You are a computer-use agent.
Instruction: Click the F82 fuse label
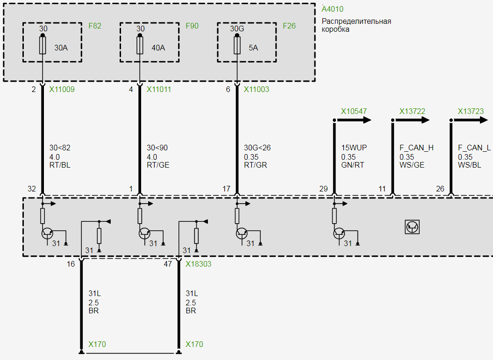coord(95,26)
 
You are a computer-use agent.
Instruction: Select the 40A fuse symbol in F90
coord(140,46)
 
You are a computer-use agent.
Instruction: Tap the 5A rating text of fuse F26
coord(253,48)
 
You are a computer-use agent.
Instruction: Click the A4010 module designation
coord(333,9)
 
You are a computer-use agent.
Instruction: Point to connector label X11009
coord(62,89)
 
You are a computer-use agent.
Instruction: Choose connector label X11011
coord(159,89)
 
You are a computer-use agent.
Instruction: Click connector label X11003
coord(257,89)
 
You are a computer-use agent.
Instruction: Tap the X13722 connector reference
coord(412,111)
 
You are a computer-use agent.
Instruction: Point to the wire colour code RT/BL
coord(60,165)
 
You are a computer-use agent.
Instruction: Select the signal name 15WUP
coord(354,148)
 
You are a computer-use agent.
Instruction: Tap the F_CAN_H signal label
coord(416,148)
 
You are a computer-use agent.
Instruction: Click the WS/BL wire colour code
coord(470,165)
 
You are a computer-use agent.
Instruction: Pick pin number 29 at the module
coord(323,189)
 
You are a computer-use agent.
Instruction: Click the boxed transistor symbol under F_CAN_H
coord(412,227)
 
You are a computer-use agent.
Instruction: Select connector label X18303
coord(199,264)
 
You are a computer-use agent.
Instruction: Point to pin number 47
coord(168,264)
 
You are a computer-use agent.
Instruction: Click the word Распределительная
coord(357,21)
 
